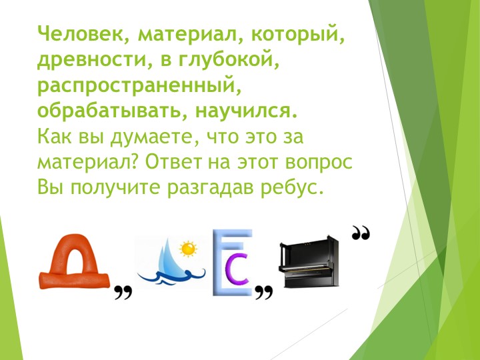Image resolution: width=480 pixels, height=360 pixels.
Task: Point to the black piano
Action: pos(309,263)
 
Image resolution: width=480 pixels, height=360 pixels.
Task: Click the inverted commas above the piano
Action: pos(361,233)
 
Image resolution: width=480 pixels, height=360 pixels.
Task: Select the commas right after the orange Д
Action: pos(121,291)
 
